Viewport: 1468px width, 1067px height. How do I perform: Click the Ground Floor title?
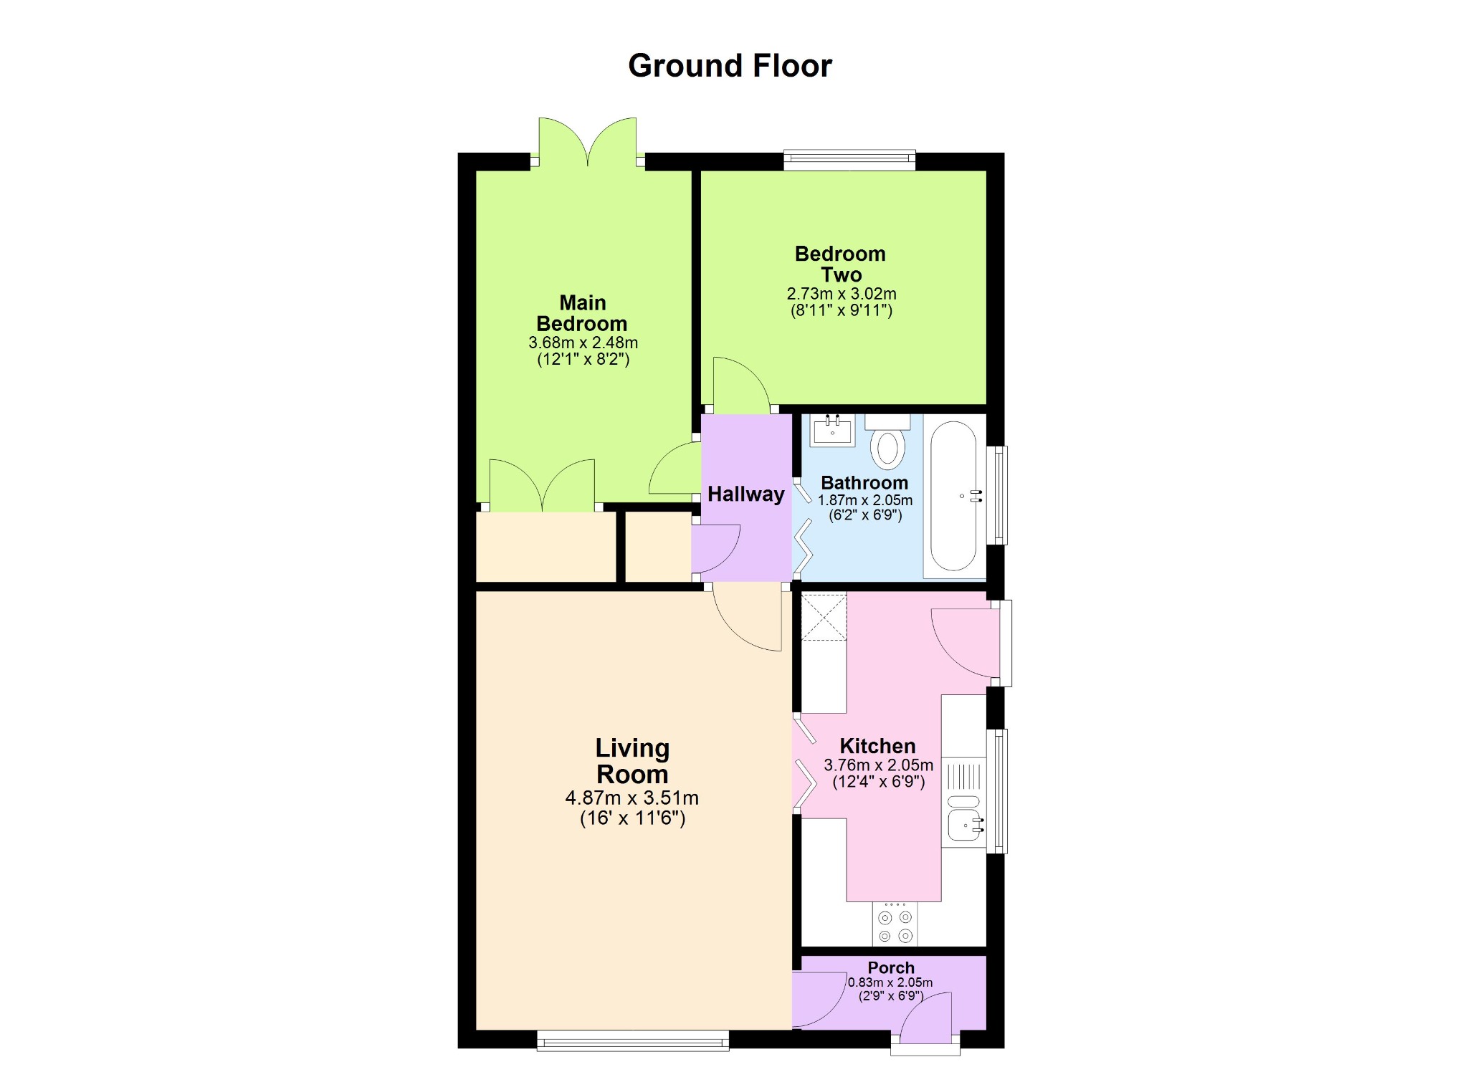click(x=730, y=66)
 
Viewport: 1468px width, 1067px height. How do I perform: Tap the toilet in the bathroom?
click(x=887, y=441)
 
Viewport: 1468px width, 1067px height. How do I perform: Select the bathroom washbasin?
click(x=832, y=430)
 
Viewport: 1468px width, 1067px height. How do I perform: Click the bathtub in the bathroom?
click(x=954, y=496)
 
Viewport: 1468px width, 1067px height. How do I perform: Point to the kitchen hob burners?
click(x=895, y=924)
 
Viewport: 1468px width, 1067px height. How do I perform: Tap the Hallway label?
click(x=745, y=494)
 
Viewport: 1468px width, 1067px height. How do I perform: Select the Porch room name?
click(x=891, y=967)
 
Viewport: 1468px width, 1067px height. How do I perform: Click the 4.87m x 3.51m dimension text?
click(x=631, y=798)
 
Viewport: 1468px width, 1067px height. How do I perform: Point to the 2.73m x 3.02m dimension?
click(x=842, y=294)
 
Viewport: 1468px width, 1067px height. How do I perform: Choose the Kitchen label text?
click(x=877, y=746)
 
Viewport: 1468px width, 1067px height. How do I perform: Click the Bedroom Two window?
click(x=849, y=160)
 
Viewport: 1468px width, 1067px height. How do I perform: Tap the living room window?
click(x=633, y=1040)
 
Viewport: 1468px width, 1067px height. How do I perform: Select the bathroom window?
click(x=998, y=495)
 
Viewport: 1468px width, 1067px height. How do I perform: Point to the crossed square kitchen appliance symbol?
click(x=824, y=616)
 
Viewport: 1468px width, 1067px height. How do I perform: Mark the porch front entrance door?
click(x=925, y=1018)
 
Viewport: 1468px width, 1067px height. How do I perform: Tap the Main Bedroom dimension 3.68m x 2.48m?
click(x=583, y=343)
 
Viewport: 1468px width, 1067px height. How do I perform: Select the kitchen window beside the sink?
click(x=998, y=791)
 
